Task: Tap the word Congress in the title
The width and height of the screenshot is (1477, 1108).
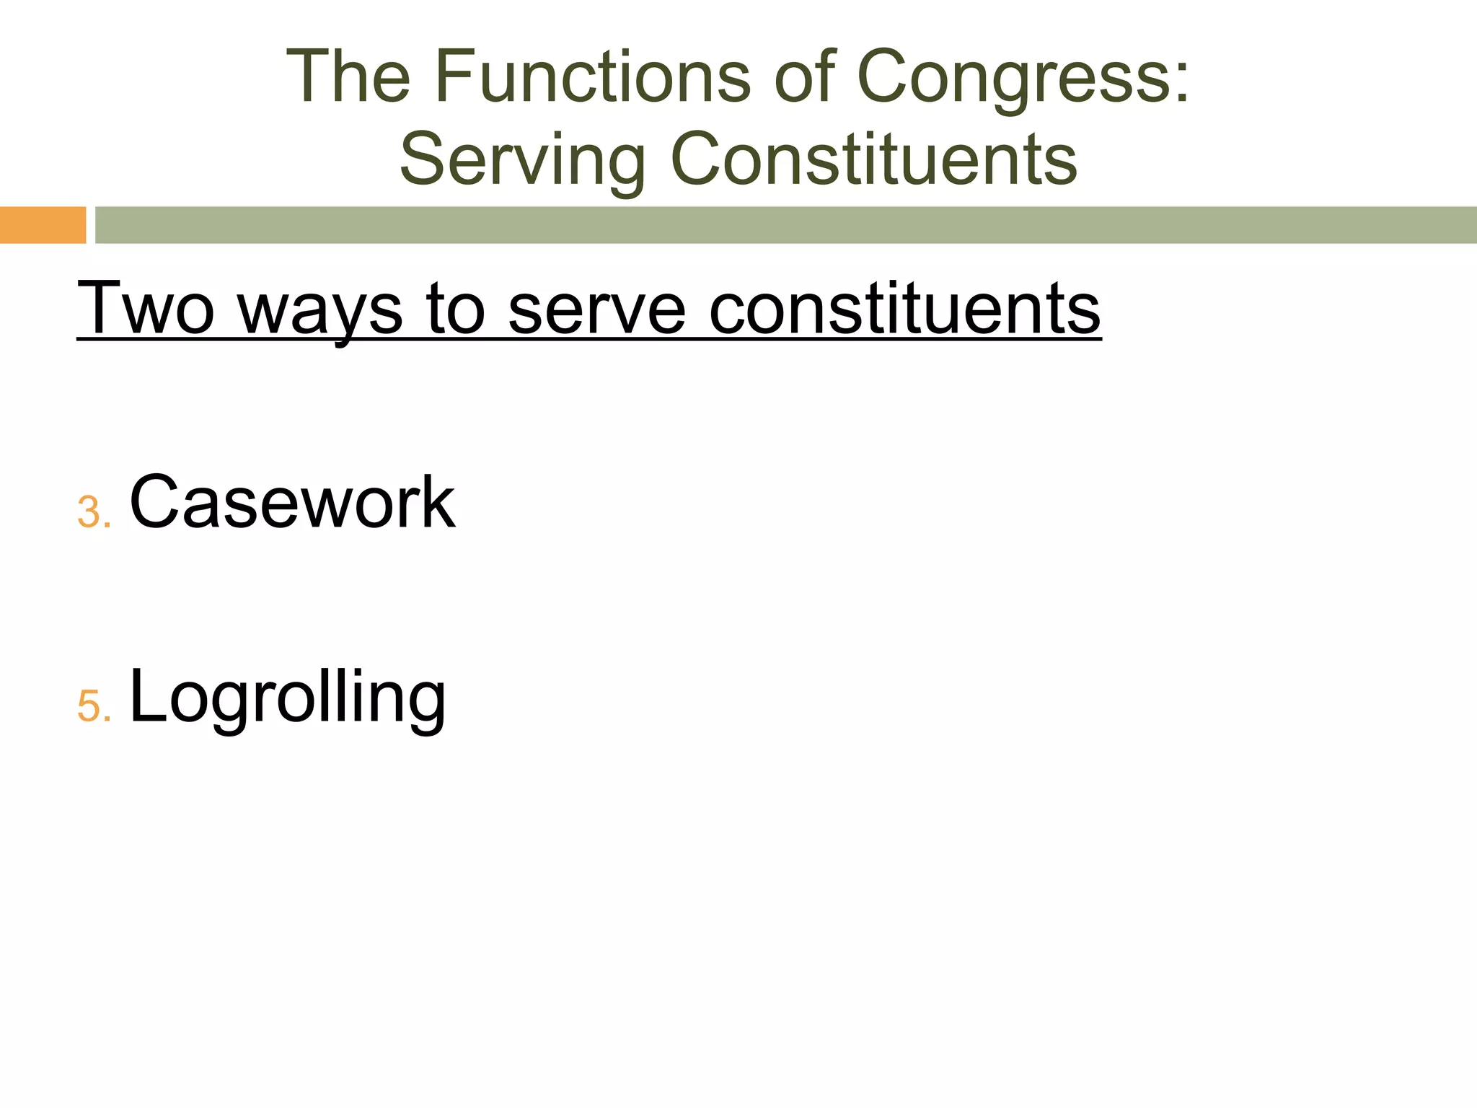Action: point(1013,78)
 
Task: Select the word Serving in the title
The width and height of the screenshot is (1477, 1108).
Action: point(522,160)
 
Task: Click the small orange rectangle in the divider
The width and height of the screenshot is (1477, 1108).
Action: point(43,225)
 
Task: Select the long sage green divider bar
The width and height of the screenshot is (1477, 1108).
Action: point(785,225)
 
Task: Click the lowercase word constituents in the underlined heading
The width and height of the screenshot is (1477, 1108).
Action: point(905,308)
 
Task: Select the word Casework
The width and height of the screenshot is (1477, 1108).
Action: point(292,502)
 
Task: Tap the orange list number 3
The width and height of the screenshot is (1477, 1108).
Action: point(89,513)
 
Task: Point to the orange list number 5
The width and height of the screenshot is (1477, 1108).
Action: point(89,706)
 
